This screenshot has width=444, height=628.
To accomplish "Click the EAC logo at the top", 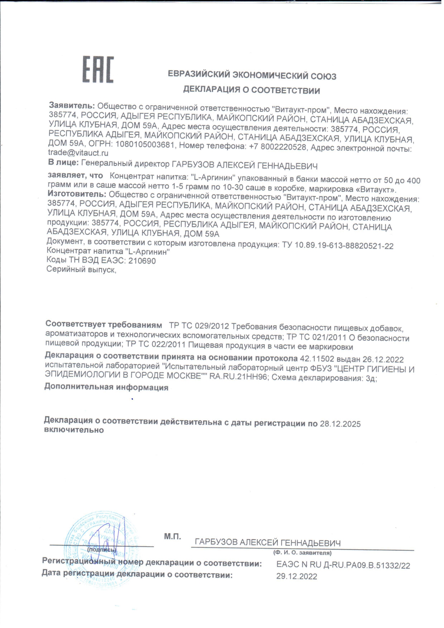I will [98, 69].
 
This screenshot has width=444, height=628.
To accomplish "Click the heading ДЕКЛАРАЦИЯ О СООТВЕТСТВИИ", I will [251, 90].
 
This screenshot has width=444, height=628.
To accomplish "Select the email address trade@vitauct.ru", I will [78, 153].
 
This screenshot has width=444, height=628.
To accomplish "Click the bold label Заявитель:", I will [72, 106].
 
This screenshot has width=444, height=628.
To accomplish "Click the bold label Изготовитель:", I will [77, 194].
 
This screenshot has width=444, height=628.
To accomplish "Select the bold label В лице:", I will [63, 163].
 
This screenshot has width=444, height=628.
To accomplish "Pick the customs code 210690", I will [142, 261].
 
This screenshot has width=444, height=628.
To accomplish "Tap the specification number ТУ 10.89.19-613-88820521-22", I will [338, 246].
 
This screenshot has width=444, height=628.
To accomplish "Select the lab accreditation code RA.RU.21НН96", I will [239, 377].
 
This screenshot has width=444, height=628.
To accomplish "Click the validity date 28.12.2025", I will [340, 424].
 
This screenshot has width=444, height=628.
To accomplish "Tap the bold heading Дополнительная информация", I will [106, 387].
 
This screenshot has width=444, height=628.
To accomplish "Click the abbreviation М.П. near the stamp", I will [173, 536].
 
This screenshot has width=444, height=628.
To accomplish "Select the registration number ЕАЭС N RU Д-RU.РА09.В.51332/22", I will [343, 565].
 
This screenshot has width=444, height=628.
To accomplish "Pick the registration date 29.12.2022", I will [297, 576].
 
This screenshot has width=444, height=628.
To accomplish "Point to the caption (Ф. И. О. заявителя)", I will [302, 553].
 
